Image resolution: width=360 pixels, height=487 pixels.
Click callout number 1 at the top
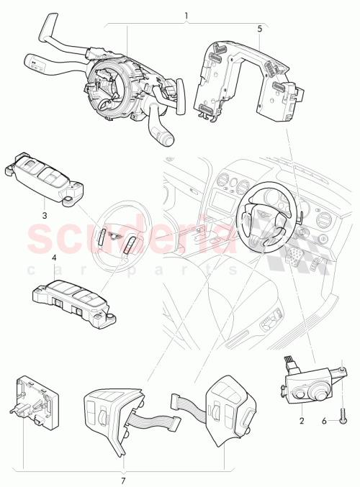(x=186, y=15)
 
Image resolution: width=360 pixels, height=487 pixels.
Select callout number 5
(x=259, y=29)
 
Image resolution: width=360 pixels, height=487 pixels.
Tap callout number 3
(x=44, y=214)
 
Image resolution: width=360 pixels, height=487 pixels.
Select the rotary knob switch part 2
(x=310, y=382)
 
